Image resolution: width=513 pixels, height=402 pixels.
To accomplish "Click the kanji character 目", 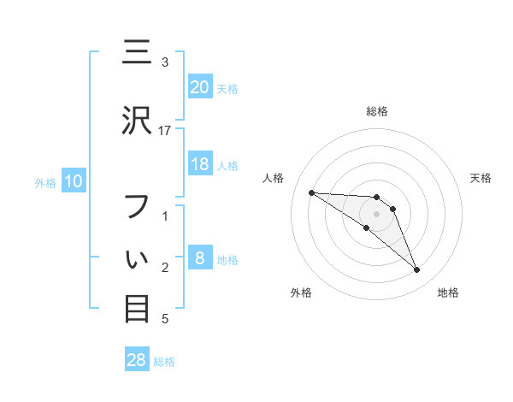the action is coord(137,308).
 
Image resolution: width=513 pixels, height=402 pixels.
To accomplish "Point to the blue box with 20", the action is coord(199,86).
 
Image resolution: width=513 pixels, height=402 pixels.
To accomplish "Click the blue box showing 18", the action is coord(199,165).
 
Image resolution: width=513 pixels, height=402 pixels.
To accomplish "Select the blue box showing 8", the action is coord(199,258).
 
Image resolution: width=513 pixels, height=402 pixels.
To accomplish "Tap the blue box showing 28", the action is coord(137,360).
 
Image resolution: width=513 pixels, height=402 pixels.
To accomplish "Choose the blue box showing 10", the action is coord(73,181).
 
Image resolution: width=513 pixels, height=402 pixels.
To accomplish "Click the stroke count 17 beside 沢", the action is coord(165,130).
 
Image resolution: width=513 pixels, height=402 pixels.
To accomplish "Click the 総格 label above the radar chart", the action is coord(377,111).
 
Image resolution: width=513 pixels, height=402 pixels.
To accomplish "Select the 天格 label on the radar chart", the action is coord(481,178).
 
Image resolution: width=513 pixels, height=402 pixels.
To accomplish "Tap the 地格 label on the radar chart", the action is coord(448,293).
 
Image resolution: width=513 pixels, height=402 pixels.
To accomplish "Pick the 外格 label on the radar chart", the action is coord(301,293).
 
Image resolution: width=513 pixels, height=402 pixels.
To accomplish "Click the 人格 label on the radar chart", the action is coord(274,178).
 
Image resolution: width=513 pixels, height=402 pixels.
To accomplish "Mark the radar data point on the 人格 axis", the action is coord(311,192).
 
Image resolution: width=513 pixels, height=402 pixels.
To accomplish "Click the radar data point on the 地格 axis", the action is coord(416,270).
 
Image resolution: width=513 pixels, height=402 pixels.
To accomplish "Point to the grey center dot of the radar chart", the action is coord(376,214).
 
